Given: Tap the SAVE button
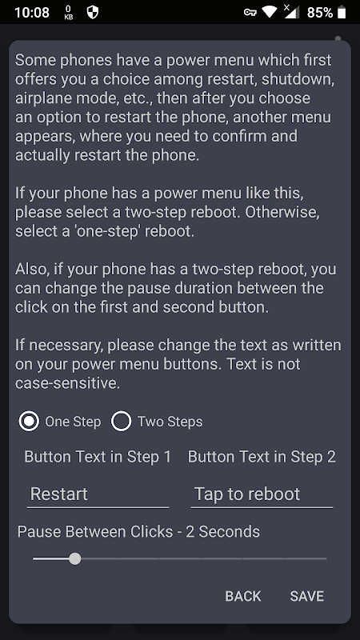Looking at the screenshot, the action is (307, 596).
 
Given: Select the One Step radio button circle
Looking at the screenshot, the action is (29, 422).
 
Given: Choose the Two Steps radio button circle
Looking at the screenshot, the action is (122, 422).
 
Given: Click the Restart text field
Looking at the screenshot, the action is (98, 494).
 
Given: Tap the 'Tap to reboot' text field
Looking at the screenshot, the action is (262, 494).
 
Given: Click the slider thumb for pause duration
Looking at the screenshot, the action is (74, 558).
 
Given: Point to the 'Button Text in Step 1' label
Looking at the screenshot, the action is (98, 457).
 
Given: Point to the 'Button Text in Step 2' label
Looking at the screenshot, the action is (262, 457).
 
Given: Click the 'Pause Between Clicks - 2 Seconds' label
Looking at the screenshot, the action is (138, 531).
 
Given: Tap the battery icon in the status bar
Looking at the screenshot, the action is (342, 12).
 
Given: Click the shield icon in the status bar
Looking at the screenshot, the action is (93, 12).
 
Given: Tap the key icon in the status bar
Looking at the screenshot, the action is (250, 12).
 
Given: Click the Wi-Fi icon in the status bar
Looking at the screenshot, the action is (270, 12).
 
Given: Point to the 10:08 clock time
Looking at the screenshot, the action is (32, 13).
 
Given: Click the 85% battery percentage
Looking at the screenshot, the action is (319, 13).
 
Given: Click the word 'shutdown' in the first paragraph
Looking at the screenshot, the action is (298, 79).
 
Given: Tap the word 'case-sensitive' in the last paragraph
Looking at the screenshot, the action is (67, 383).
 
